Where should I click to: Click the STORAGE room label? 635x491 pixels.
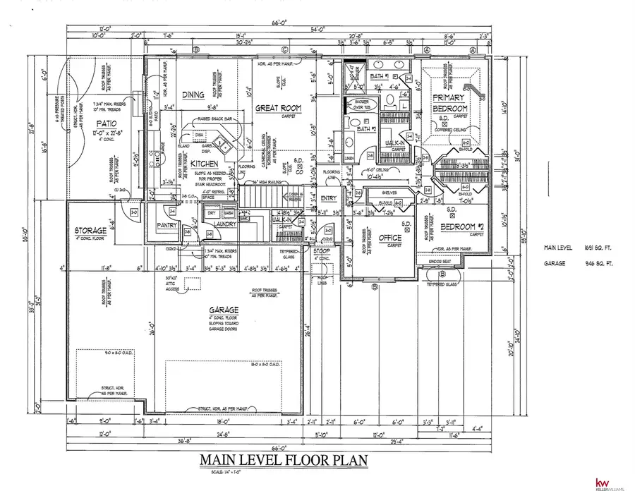click(90, 231)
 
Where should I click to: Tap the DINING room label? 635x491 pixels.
click(193, 95)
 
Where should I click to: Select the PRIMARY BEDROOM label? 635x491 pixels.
click(449, 103)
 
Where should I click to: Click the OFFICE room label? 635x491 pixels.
click(389, 238)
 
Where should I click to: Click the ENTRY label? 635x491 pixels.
click(329, 198)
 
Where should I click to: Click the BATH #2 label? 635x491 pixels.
click(365, 129)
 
